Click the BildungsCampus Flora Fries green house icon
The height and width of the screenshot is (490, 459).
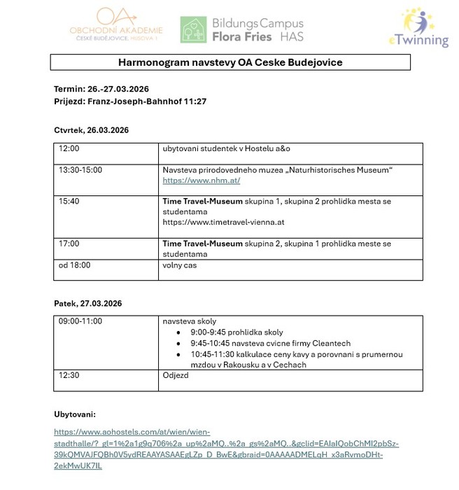click(192, 29)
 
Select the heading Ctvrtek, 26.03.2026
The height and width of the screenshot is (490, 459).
click(91, 130)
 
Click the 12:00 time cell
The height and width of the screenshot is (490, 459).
click(69, 149)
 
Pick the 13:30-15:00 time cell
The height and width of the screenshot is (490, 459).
click(80, 170)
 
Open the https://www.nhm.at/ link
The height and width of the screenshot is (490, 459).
click(202, 181)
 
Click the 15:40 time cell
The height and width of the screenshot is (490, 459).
click(69, 202)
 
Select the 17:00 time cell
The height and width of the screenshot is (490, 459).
click(69, 244)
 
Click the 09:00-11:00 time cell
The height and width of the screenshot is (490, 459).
click(80, 321)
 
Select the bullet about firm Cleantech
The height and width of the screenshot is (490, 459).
click(270, 344)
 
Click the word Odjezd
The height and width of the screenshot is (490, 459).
click(176, 375)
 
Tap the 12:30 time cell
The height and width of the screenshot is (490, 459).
click(69, 375)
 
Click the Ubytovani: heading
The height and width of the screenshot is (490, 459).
click(77, 414)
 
